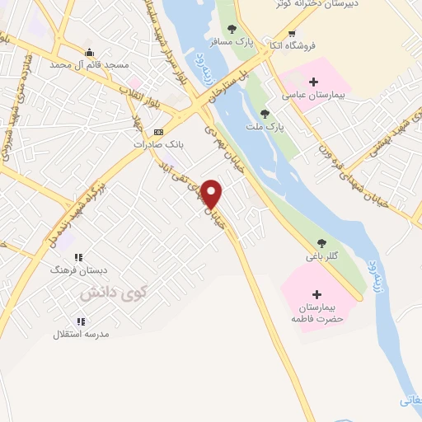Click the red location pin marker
pyautogui.click(x=213, y=195)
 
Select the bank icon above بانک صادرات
pyautogui.click(x=159, y=131)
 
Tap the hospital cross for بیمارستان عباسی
pyautogui.click(x=313, y=82)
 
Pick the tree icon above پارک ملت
pyautogui.click(x=265, y=114)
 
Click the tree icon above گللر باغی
pyautogui.click(x=321, y=243)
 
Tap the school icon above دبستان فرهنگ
pyautogui.click(x=79, y=257)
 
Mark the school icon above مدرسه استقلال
pyautogui.click(x=81, y=321)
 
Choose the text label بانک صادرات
pyautogui.click(x=159, y=143)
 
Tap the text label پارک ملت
pyautogui.click(x=265, y=127)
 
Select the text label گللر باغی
pyautogui.click(x=322, y=256)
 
